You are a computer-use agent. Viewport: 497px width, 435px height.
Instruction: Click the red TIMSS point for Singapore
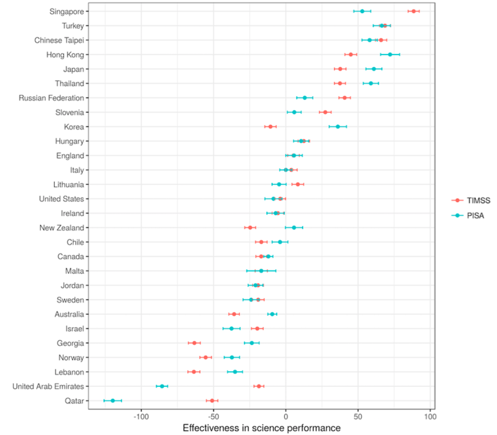(413, 11)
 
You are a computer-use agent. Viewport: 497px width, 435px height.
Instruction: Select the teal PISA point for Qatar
(113, 400)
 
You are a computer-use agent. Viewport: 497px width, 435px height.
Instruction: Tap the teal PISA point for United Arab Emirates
(162, 386)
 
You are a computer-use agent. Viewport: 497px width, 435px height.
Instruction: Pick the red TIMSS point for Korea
(270, 126)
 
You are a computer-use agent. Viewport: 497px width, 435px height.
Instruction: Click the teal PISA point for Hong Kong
(390, 55)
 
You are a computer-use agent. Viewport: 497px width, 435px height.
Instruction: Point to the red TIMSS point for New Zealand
(250, 228)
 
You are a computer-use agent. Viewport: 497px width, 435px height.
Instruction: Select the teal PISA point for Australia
(272, 314)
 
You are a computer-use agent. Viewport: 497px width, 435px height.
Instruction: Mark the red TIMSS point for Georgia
(194, 343)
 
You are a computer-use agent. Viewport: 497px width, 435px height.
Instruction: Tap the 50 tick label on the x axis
(358, 417)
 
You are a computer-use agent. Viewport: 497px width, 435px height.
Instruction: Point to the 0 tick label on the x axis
(286, 417)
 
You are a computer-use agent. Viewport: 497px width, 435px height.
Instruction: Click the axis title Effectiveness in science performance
(261, 428)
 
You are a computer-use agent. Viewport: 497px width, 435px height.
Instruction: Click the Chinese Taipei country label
(59, 40)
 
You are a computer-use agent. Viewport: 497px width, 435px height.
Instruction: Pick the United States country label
(61, 199)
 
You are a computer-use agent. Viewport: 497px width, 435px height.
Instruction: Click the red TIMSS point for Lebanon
(194, 372)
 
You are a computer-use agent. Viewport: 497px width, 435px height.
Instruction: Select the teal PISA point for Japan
(374, 69)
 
